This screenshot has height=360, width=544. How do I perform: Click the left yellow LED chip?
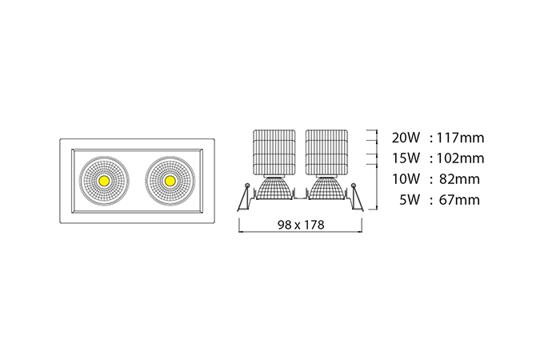point(104,180)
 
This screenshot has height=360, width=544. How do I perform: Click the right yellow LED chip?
point(170,180)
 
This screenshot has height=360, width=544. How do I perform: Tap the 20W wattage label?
point(406,138)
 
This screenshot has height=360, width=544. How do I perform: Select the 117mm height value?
point(460,138)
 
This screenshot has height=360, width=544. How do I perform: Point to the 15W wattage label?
point(406,158)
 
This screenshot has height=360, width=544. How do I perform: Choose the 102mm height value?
point(460,158)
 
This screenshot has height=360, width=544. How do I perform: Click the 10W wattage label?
point(406,179)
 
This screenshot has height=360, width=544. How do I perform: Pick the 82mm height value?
point(460,179)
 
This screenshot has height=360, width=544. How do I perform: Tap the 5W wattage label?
point(410,200)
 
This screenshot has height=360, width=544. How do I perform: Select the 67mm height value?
point(460,200)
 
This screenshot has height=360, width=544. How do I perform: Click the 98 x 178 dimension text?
point(301,225)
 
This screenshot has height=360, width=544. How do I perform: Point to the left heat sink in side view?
point(274,152)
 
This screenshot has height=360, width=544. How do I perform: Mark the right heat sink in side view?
point(326,152)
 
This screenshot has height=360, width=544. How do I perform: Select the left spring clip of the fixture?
point(244,197)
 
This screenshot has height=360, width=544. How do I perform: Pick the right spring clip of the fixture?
point(357,197)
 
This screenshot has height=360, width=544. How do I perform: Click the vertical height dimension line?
point(377,170)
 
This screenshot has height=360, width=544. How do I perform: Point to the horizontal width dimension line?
point(301,232)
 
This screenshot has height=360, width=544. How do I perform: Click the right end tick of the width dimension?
point(362,226)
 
